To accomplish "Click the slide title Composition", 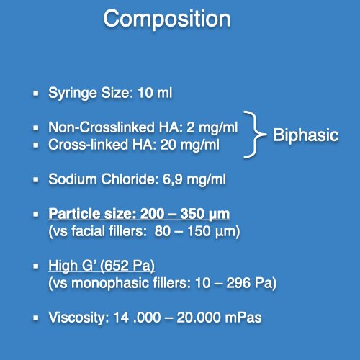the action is [167, 19].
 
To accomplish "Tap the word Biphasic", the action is [306, 135].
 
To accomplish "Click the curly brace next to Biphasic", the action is [255, 135].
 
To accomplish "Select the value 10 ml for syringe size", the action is [155, 93].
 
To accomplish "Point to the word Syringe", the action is [73, 94].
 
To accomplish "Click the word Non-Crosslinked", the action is [102, 127].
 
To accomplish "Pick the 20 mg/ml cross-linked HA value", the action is [189, 145].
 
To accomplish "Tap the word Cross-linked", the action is [88, 145].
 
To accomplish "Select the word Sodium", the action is [73, 179].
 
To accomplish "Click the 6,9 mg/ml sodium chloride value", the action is [194, 179].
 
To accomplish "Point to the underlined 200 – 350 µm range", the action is [185, 214].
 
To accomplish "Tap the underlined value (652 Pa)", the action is [127, 266].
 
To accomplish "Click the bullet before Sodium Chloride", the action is [36, 179].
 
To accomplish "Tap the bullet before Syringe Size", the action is [36, 93].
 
